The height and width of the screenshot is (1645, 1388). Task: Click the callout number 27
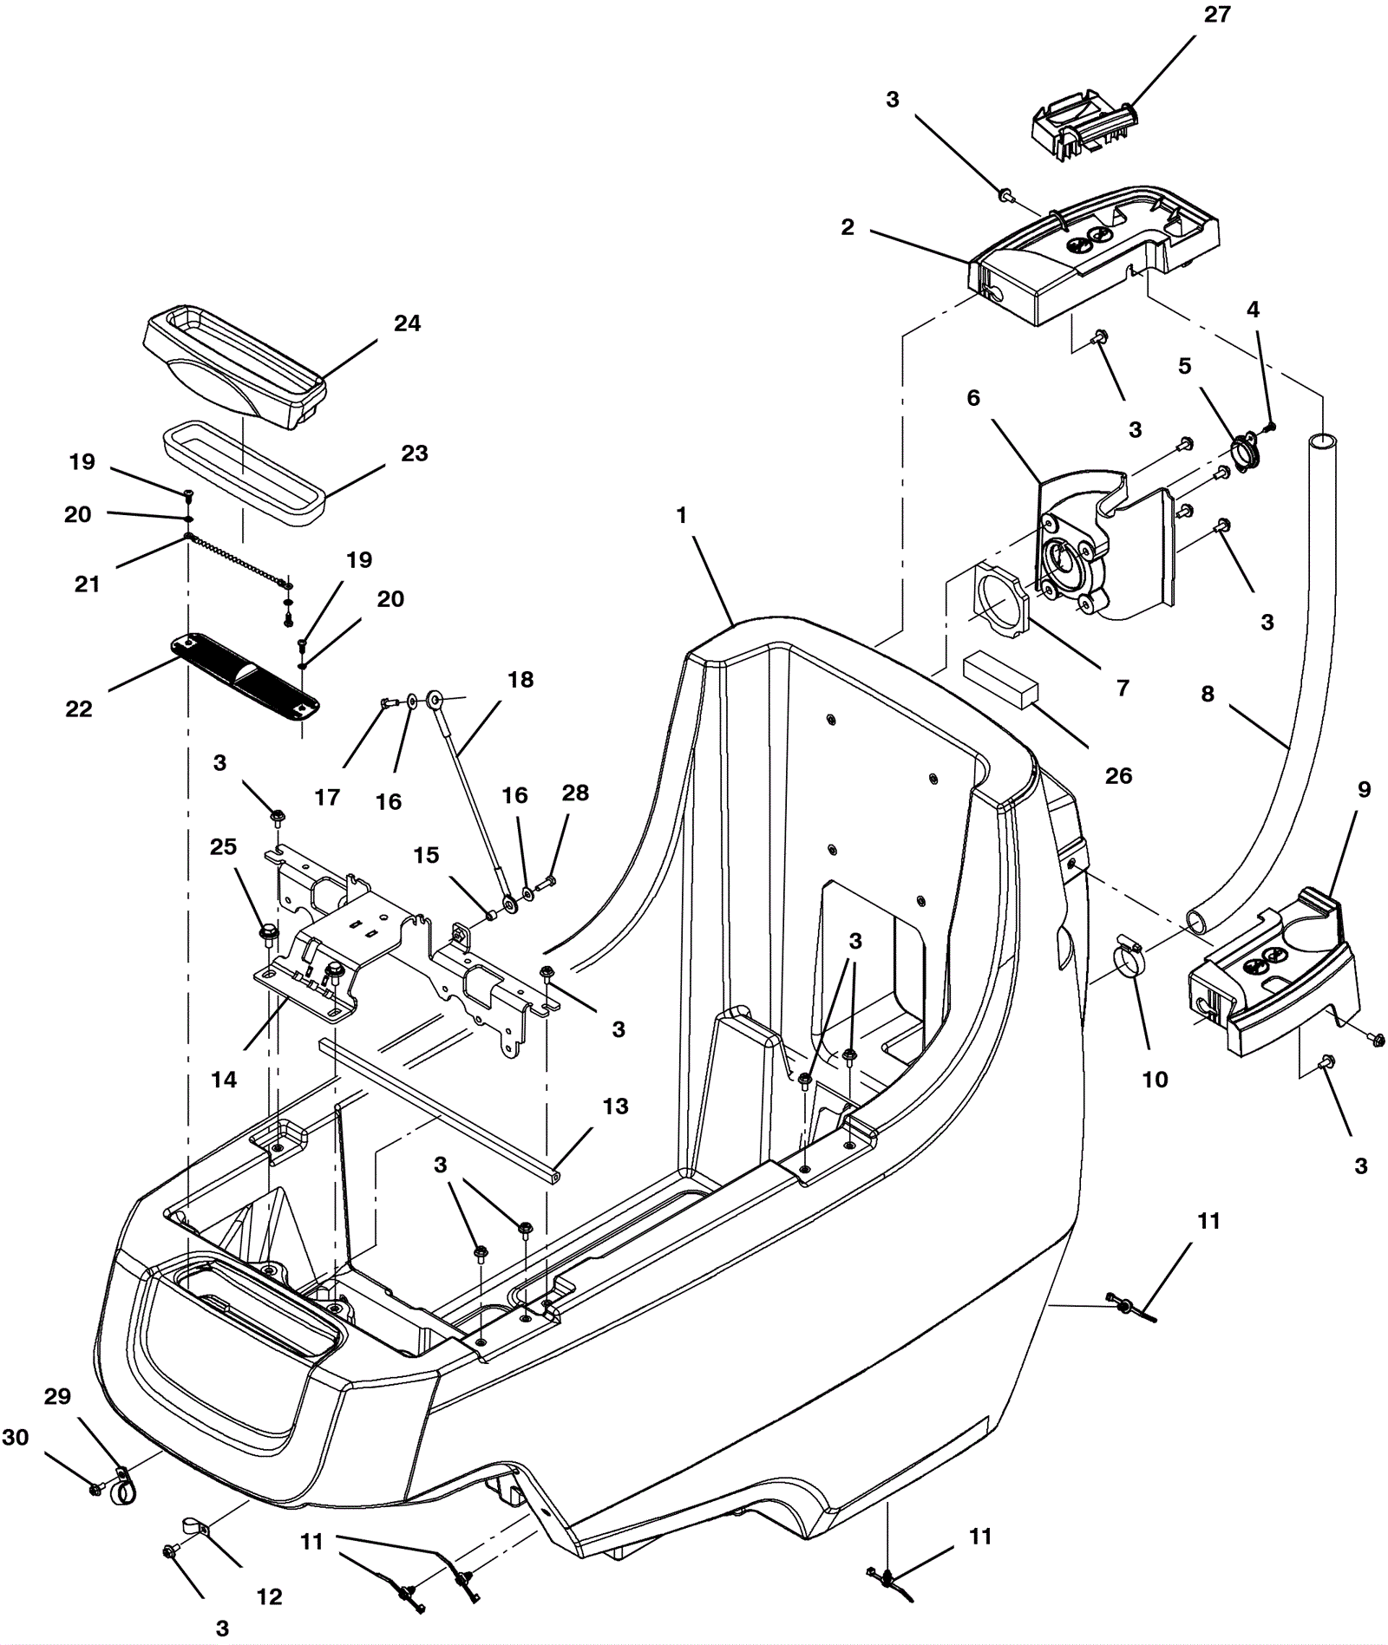(1217, 15)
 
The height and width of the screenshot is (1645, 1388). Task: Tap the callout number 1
(682, 515)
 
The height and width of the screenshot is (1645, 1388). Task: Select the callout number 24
(407, 323)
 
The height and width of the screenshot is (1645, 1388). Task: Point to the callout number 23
(414, 454)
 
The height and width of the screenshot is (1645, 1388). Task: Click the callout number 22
(79, 708)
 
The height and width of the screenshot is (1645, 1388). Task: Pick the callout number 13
(615, 1106)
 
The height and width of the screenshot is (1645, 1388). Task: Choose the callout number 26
(1118, 775)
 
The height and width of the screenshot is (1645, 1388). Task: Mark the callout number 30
(16, 1437)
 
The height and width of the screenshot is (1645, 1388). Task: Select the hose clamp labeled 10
(1131, 957)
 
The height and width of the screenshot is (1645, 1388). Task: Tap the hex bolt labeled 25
(267, 934)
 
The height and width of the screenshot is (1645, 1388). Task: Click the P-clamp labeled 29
(122, 1487)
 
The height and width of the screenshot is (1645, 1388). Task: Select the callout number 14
(223, 1080)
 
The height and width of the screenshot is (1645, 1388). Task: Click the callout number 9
(1365, 789)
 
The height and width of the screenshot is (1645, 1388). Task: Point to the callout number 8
(1208, 694)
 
